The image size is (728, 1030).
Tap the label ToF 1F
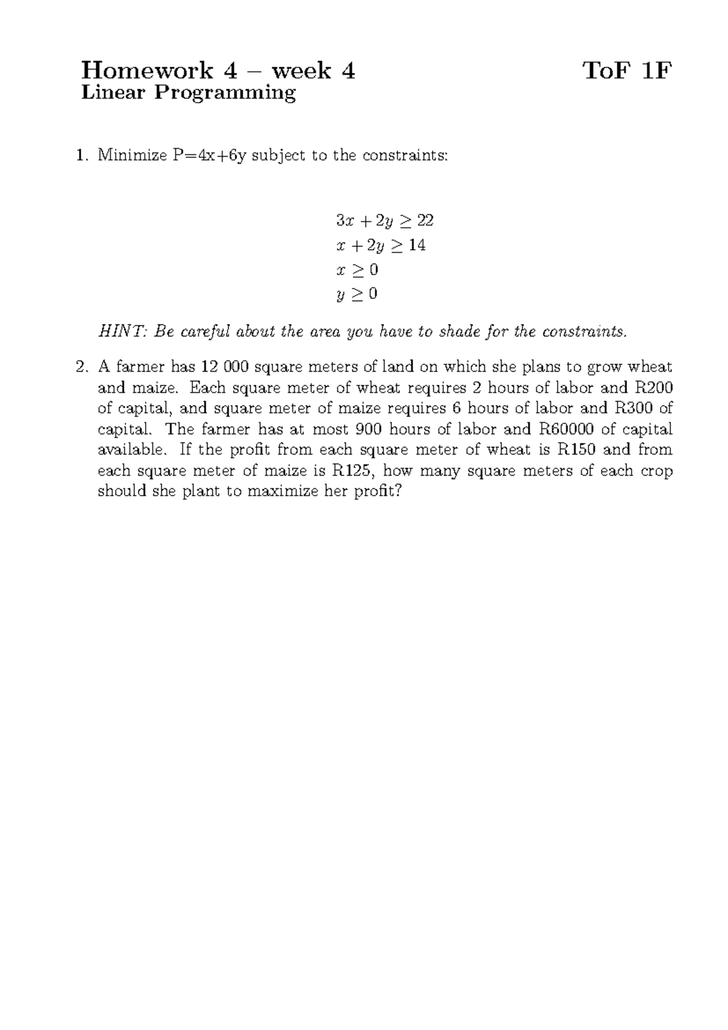[627, 72]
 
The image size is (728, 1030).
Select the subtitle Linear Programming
[189, 93]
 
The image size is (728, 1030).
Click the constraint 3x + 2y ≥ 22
[385, 220]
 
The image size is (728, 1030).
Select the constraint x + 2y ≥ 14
[380, 245]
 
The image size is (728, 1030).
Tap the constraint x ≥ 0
[357, 270]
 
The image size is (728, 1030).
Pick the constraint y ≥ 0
[357, 295]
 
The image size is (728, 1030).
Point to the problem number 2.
[82, 367]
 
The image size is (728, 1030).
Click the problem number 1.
[82, 155]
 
